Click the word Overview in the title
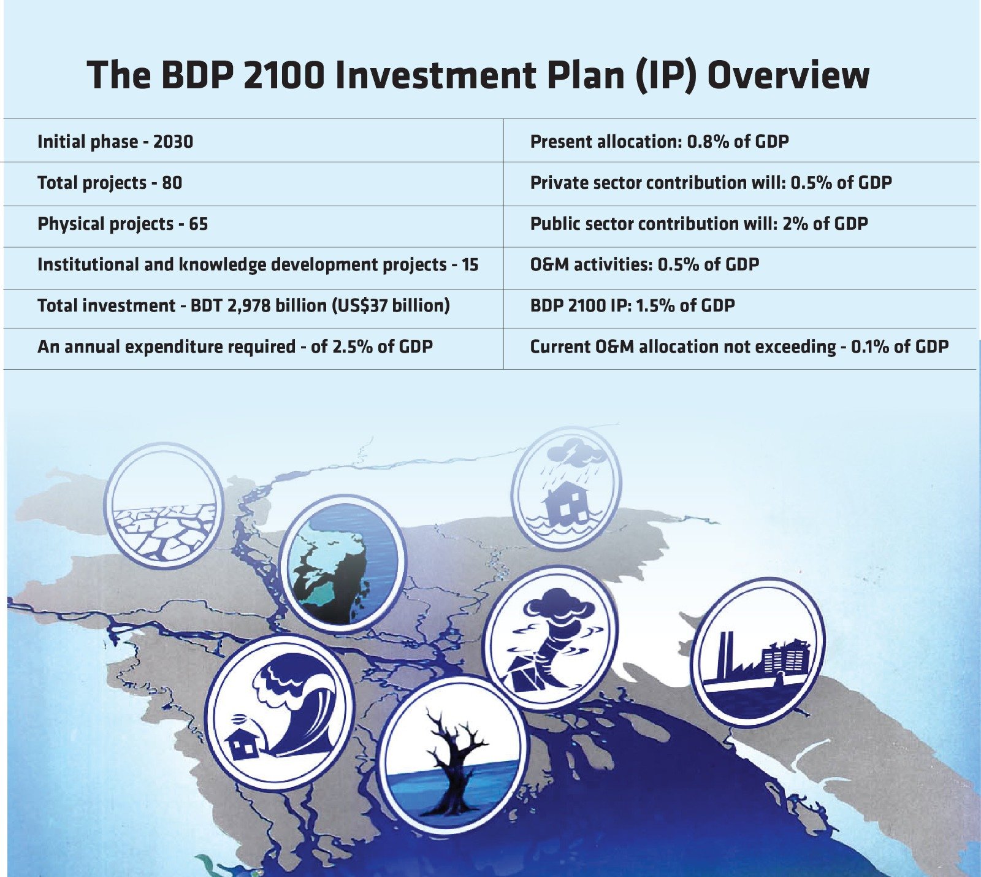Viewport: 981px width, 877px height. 788,75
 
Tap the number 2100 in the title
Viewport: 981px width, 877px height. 283,75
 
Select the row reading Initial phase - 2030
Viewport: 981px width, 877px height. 115,142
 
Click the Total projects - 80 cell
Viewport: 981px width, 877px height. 110,183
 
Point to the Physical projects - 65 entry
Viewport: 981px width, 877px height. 123,224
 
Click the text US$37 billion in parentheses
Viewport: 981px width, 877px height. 391,305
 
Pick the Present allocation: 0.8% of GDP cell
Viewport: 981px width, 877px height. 659,142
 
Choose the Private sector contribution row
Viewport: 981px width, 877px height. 711,183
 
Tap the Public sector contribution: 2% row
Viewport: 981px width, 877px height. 698,224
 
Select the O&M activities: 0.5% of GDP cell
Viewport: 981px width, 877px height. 644,265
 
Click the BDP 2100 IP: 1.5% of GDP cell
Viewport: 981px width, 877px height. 632,305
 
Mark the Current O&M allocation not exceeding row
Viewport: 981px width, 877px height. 739,347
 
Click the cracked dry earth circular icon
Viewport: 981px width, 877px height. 163,504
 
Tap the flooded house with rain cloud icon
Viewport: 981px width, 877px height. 566,489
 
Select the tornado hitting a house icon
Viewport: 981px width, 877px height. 550,638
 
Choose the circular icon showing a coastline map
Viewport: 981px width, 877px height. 342,564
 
